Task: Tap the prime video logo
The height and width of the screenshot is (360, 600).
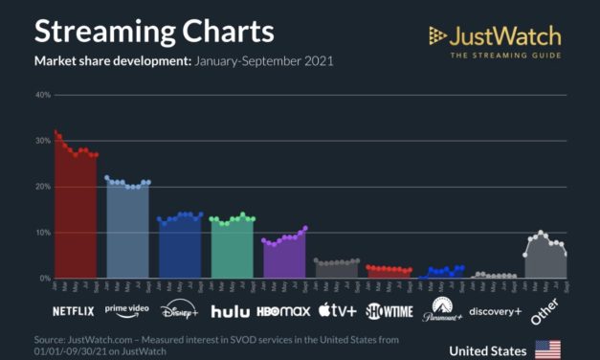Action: point(128,308)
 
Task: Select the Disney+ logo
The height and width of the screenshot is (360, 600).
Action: point(179,309)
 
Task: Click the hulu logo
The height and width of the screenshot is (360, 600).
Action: point(230,310)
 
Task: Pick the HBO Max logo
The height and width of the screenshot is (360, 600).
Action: point(284,310)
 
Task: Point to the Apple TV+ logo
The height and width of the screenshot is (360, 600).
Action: point(337,310)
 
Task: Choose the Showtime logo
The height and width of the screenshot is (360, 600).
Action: point(389,310)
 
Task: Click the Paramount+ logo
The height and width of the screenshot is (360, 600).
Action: point(441,307)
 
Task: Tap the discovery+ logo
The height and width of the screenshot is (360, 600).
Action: point(496,309)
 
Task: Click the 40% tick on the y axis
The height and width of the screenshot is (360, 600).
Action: point(42,95)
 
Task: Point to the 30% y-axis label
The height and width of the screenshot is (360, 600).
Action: point(42,141)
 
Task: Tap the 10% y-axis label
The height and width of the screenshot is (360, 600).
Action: point(42,233)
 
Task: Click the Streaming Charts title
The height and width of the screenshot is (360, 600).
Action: point(154,31)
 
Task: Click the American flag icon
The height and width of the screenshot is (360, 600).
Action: point(547,349)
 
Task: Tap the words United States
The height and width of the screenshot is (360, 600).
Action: point(487,350)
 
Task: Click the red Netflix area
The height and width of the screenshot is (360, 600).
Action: point(75,220)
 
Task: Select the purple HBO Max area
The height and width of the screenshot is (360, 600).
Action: point(284,259)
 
